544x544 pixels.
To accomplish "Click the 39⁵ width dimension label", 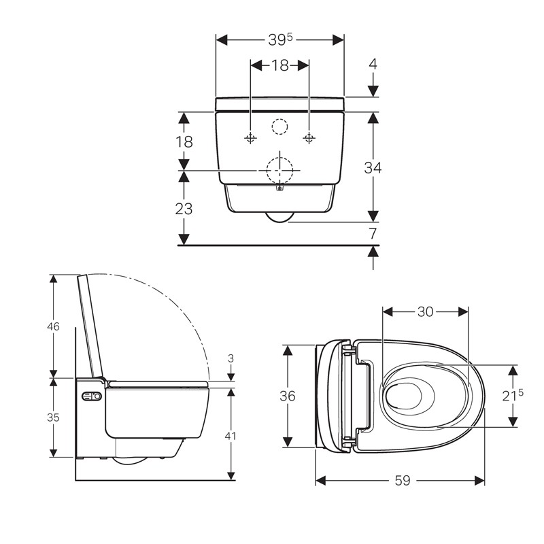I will (x=280, y=39).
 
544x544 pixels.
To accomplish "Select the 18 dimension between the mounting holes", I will (x=280, y=65).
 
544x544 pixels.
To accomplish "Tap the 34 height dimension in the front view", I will (x=373, y=167).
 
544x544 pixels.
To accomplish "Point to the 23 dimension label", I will (x=184, y=209).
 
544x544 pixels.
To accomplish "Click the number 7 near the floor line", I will (x=373, y=233).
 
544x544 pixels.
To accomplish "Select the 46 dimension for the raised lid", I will (x=52, y=326).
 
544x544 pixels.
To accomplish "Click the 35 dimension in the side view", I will (x=52, y=418).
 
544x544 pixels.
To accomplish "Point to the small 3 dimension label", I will (x=232, y=358).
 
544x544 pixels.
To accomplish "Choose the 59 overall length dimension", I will (x=402, y=480).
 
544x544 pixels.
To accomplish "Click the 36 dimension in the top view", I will (x=288, y=396).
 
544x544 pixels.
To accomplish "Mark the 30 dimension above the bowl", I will (x=425, y=311).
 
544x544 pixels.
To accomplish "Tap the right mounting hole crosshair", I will (x=309, y=138).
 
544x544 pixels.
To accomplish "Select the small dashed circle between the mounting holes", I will (x=279, y=126).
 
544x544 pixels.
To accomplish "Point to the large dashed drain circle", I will (x=279, y=169).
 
